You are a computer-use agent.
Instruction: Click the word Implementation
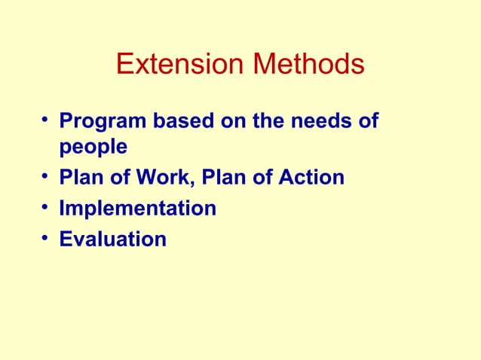(137, 209)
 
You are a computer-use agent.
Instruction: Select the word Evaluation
(112, 239)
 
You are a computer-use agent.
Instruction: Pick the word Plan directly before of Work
(81, 178)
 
